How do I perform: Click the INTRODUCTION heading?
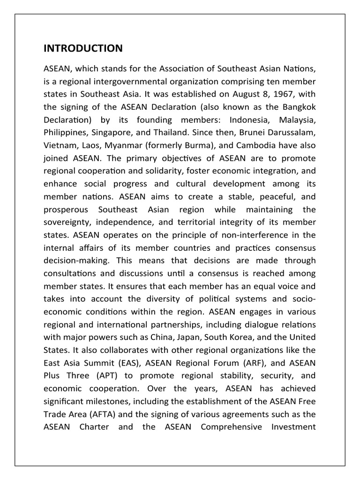pyautogui.click(x=83, y=48)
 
